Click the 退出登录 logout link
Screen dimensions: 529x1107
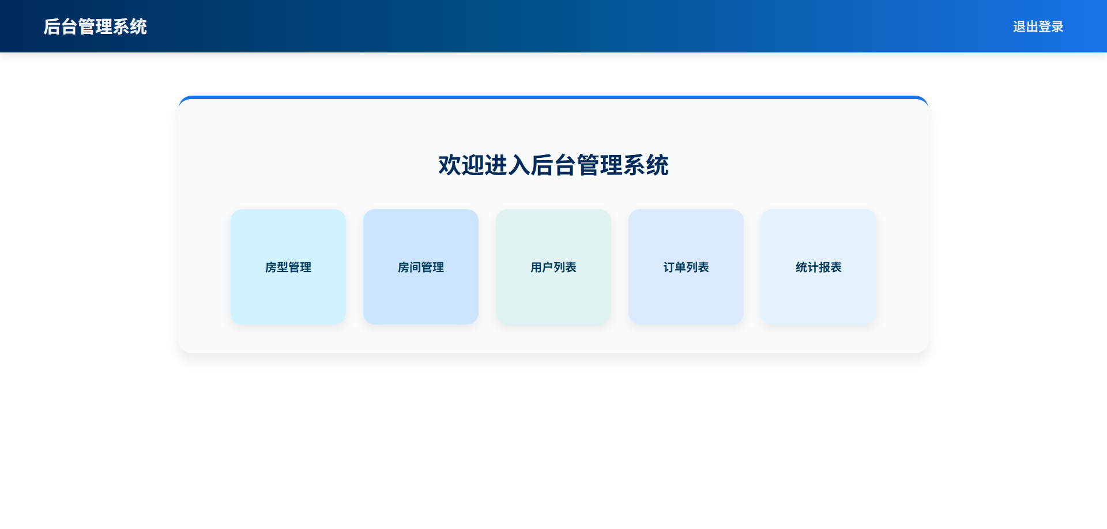tap(1038, 27)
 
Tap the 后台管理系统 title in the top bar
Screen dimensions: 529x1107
tap(95, 27)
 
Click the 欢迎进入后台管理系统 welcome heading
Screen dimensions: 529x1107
tap(553, 165)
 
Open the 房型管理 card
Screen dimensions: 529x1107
tap(288, 267)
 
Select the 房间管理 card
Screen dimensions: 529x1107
tap(421, 267)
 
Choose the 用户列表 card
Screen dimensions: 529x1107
tap(553, 267)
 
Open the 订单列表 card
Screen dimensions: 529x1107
tap(686, 267)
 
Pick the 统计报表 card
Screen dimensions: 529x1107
tap(819, 267)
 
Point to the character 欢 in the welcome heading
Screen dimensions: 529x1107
tap(450, 165)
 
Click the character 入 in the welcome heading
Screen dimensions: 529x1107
tap(519, 165)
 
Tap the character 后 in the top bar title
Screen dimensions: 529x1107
tap(52, 27)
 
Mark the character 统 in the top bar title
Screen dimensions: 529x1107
tap(138, 27)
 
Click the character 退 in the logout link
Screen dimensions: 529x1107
tap(1019, 27)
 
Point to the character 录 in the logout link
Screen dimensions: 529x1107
tap(1057, 27)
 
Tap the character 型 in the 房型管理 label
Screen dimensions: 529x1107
tap(283, 267)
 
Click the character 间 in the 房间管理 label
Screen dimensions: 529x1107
tap(415, 267)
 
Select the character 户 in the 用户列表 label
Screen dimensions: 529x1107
tap(548, 267)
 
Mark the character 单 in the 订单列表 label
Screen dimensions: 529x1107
tap(680, 267)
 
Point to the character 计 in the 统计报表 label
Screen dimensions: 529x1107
tap(813, 267)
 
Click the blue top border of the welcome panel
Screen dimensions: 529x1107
tap(553, 97)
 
